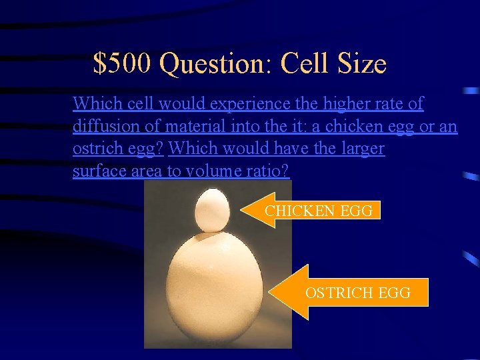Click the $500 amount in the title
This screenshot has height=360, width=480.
coord(123,63)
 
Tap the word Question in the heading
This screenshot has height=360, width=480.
coord(215,65)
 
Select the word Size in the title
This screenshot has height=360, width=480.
coord(362,63)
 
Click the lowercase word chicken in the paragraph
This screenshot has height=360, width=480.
coord(350,126)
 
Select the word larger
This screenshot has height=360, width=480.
coord(361,149)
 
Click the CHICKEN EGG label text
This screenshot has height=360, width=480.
coord(319,211)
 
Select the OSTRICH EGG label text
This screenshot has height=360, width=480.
coord(357,292)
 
